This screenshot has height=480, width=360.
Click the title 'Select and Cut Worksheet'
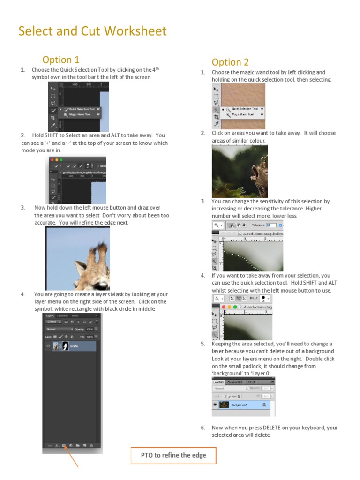click(x=92, y=31)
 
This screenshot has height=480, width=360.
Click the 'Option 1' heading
click(x=60, y=60)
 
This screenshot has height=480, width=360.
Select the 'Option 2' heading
click(x=230, y=62)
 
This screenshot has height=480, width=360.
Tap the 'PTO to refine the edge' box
click(x=173, y=455)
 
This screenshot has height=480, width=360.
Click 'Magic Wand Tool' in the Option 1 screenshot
click(x=82, y=114)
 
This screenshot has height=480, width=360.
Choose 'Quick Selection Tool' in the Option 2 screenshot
click(x=245, y=109)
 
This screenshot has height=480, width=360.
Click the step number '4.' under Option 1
click(x=22, y=294)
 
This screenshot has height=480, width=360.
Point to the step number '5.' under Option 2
click(x=202, y=344)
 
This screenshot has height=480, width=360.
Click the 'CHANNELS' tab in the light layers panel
click(x=235, y=382)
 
